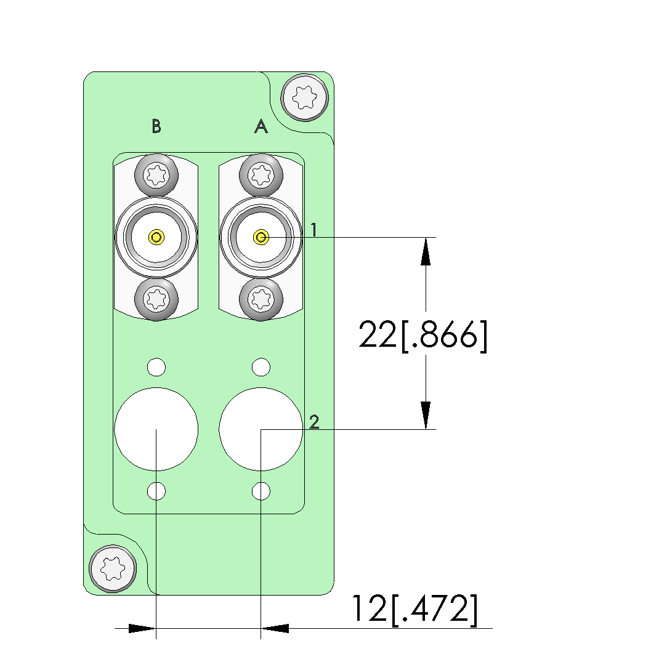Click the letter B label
point(156,126)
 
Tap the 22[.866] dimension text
point(422,336)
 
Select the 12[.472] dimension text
point(414,610)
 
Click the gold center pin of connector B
point(156,236)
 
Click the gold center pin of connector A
point(261,236)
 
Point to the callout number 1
point(313,230)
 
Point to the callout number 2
point(314,422)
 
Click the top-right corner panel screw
point(304,96)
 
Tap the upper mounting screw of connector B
point(156,176)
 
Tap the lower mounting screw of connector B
point(156,299)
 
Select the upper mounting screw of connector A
point(261,176)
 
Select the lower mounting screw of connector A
point(261,299)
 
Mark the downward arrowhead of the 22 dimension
point(425,415)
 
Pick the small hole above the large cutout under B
point(156,368)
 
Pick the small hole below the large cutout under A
point(261,491)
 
